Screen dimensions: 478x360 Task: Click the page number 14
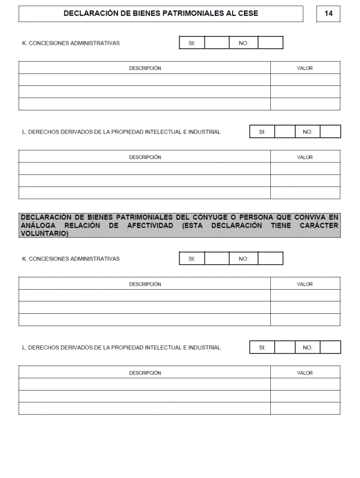(x=328, y=13)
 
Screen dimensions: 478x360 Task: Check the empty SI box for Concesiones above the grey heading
(x=217, y=43)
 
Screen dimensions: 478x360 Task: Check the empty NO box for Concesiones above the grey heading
(x=270, y=43)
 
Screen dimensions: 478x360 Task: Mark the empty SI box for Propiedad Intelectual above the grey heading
(x=284, y=132)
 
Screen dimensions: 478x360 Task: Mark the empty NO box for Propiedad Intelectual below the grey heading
(x=330, y=347)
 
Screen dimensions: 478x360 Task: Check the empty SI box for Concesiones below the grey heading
(x=217, y=258)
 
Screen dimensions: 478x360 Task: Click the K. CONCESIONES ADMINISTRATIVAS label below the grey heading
(x=71, y=259)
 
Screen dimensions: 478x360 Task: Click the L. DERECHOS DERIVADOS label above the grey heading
(x=121, y=132)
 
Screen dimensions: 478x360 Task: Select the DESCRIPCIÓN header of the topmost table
(x=145, y=68)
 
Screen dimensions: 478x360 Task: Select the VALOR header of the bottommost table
(x=305, y=373)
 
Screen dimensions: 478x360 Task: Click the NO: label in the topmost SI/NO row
(x=243, y=43)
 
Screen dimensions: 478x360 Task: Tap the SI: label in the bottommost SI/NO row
(x=262, y=347)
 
